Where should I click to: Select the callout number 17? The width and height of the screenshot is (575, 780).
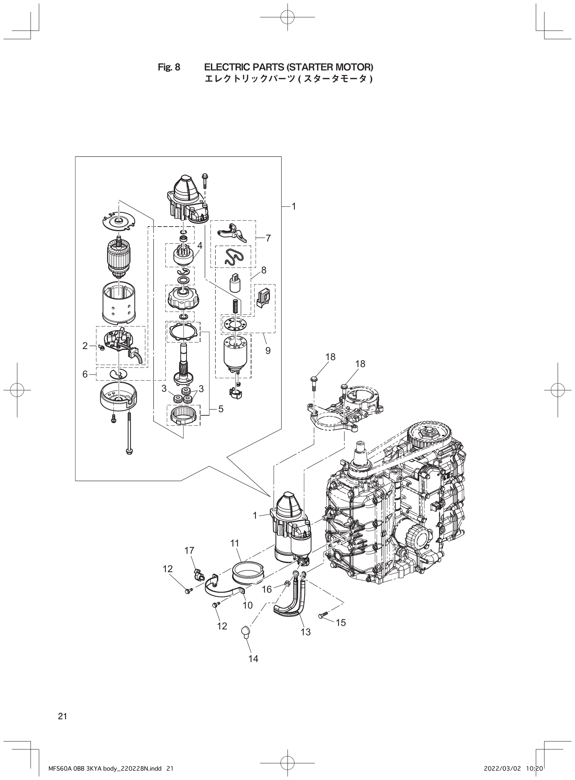(x=190, y=550)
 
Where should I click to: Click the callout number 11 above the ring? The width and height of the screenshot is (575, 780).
(x=234, y=543)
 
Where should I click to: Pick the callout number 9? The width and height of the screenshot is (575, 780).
(x=268, y=350)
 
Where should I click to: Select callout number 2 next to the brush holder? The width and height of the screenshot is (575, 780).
(x=85, y=346)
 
